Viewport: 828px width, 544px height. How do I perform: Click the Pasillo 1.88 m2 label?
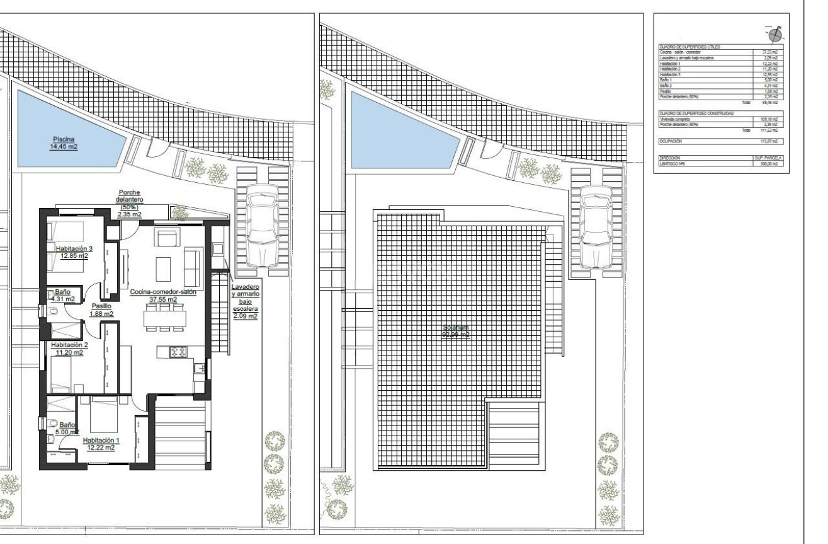(x=101, y=309)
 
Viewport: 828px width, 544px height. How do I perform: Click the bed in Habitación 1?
(x=104, y=416)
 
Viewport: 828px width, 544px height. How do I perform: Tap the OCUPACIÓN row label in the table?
(x=671, y=141)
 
